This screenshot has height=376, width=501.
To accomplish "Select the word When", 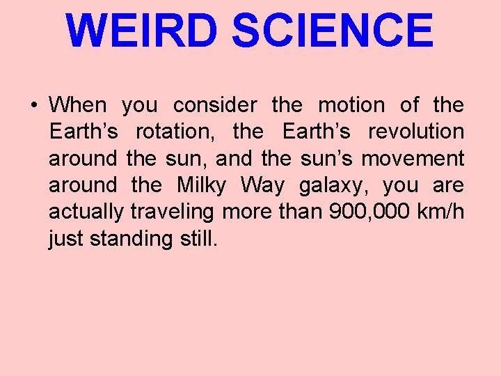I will coord(78,105).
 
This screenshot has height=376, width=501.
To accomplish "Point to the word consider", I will coord(214,105).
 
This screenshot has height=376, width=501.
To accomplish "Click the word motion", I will coord(351,105).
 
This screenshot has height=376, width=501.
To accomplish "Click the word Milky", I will coord(202,185).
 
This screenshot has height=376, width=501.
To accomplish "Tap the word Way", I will coord(262,185).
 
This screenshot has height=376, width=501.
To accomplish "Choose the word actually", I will coord(86,212).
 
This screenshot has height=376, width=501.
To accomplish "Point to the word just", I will coord(65,239).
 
